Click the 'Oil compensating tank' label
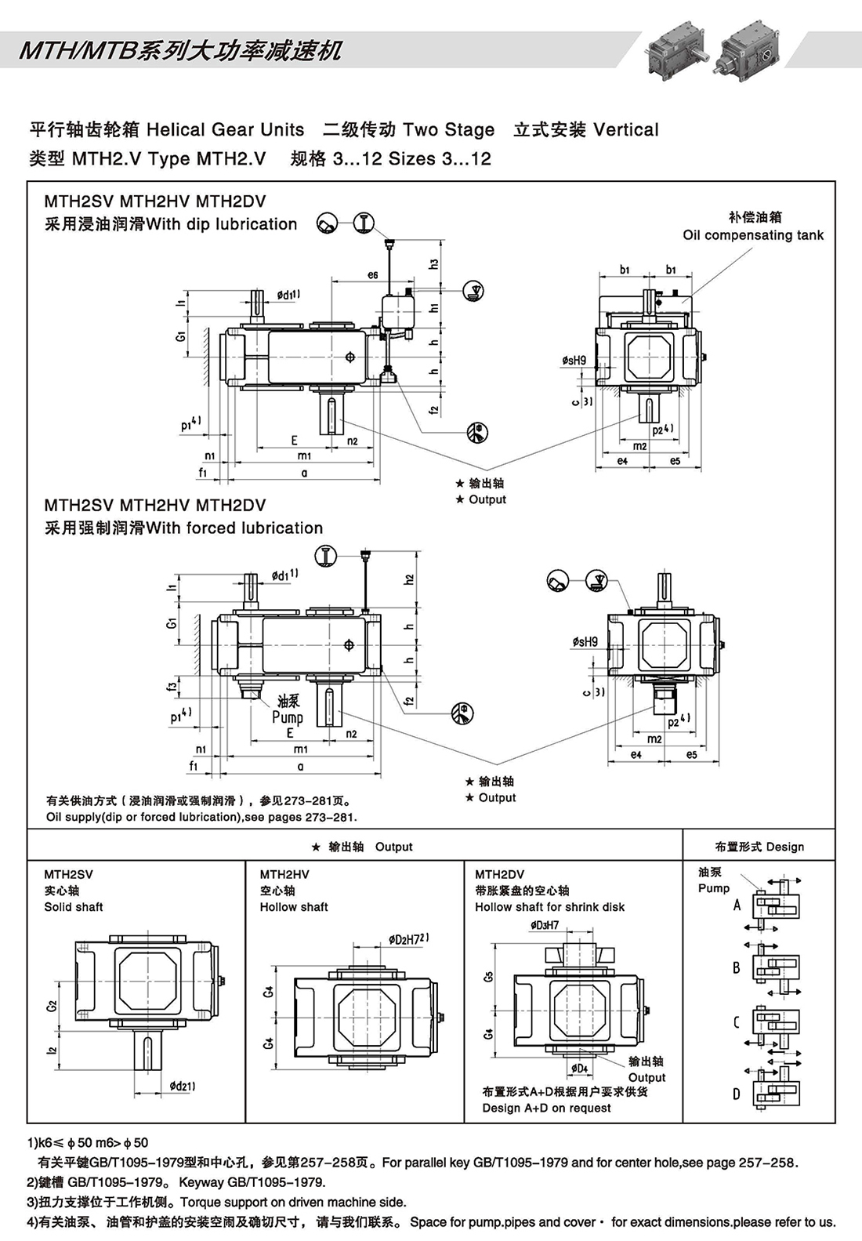click(753, 235)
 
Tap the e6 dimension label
click(372, 275)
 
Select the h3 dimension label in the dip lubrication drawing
click(433, 265)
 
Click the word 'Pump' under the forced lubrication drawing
click(288, 717)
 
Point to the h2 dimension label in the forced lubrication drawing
click(409, 579)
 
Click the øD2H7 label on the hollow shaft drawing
click(407, 939)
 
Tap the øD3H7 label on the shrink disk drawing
click(544, 925)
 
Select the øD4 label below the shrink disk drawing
click(579, 1068)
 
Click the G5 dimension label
click(489, 977)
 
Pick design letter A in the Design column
click(737, 905)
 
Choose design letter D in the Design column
click(737, 1094)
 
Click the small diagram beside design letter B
click(776, 967)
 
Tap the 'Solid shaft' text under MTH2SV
click(74, 907)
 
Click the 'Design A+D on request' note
click(546, 1108)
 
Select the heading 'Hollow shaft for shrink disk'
click(549, 907)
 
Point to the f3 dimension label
click(172, 686)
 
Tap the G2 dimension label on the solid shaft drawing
click(52, 1005)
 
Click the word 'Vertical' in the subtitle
click(626, 130)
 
